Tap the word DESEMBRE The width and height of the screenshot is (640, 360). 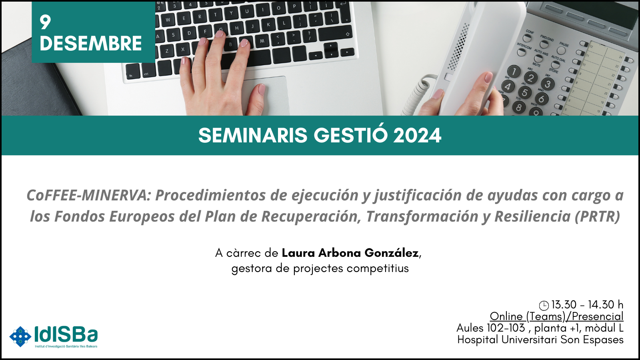pos(91,44)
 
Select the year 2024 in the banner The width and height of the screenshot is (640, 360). pos(417,136)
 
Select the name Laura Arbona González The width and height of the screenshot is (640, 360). pos(350,253)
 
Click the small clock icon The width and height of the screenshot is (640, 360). pos(544,306)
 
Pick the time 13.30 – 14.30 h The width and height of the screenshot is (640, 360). pos(587,305)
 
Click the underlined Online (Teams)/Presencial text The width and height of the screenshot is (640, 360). pos(556,316)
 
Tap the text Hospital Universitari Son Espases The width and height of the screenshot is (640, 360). pos(540,340)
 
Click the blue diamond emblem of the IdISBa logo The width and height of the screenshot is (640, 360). pos(20,336)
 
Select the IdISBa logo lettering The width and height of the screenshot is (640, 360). pos(66,334)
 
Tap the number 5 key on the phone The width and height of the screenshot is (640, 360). pos(524,92)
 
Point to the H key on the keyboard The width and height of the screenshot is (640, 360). pos(237,28)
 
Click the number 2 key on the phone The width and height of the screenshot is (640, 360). pos(531,78)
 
